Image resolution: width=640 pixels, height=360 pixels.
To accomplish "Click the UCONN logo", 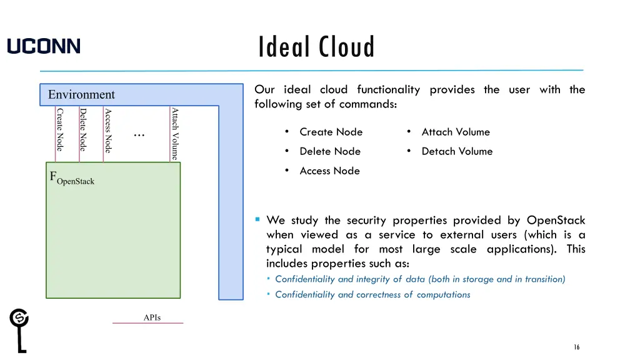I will [44, 46].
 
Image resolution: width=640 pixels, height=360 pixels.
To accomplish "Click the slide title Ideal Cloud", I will [317, 47].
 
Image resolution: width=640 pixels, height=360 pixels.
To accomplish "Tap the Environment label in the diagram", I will [81, 94].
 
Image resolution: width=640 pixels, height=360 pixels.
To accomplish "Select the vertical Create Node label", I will [60, 129].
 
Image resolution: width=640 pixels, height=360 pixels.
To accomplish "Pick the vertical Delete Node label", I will [82, 129].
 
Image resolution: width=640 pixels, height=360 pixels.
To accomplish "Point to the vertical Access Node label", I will [107, 131].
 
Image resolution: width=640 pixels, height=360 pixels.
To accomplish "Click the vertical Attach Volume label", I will [175, 134].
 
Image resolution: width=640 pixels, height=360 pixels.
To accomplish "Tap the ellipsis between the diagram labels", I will [139, 133].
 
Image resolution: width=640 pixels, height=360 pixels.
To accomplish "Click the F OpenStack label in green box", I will [72, 178].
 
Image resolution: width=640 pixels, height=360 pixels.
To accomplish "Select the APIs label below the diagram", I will [152, 317].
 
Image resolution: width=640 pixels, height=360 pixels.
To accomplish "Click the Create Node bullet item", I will [331, 132].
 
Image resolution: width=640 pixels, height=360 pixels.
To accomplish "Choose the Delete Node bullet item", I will [330, 151].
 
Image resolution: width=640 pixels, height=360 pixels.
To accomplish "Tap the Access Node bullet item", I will [329, 171].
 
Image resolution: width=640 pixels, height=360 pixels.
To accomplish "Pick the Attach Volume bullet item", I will [456, 132].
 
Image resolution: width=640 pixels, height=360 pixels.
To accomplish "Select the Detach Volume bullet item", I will [457, 151].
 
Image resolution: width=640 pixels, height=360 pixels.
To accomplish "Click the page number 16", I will [577, 347].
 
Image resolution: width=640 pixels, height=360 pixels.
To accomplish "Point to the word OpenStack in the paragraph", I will [556, 220].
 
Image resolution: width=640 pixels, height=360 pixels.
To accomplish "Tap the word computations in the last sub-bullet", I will [443, 294].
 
